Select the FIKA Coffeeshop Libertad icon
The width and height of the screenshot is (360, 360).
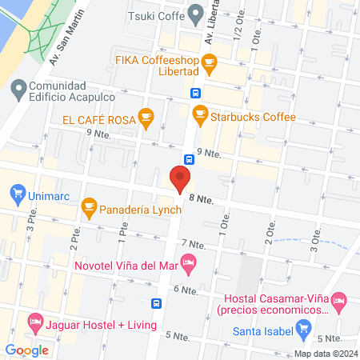point(209,61)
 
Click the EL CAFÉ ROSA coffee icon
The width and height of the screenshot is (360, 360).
point(145,118)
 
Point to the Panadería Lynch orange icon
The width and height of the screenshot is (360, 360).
point(90,210)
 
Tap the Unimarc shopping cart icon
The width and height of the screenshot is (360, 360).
point(17,193)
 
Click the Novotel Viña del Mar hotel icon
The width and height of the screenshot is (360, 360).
point(189,261)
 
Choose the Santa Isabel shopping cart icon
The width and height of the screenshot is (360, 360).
point(302,328)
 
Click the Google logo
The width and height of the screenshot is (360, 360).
point(26,350)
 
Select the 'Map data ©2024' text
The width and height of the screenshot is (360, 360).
point(324,353)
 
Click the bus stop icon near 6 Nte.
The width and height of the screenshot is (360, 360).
point(158,304)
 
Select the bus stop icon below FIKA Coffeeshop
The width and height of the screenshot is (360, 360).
point(196,92)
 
